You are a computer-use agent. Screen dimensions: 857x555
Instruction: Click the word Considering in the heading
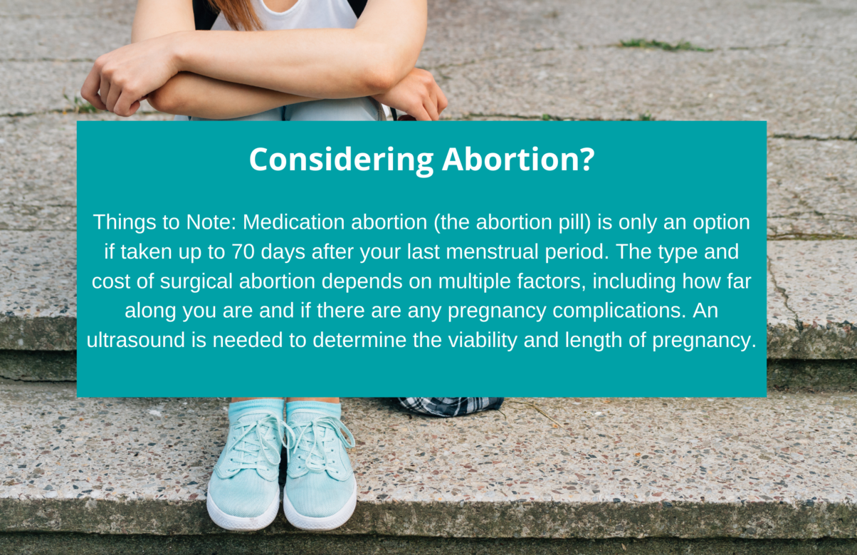pos(341,160)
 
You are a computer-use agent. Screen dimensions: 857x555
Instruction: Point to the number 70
pos(243,251)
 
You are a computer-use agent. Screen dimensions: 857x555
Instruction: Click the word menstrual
pos(492,251)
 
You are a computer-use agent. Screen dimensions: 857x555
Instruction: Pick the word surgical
pos(196,281)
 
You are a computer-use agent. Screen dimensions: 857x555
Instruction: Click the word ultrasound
pos(136,340)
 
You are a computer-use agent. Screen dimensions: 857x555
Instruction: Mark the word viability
pos(483,340)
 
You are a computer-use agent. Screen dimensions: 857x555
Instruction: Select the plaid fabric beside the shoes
pos(451,406)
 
